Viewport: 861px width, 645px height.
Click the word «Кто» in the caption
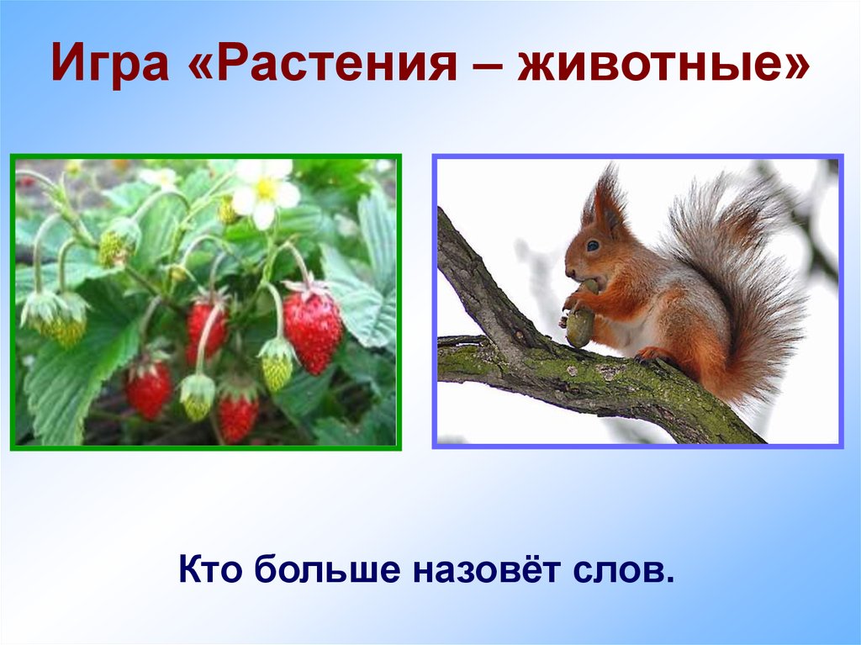pos(211,571)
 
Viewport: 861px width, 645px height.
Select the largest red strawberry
pos(313,328)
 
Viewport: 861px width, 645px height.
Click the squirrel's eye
pos(593,246)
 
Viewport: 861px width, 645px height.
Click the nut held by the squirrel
pos(579,324)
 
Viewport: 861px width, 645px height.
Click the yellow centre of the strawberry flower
pos(266,190)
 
